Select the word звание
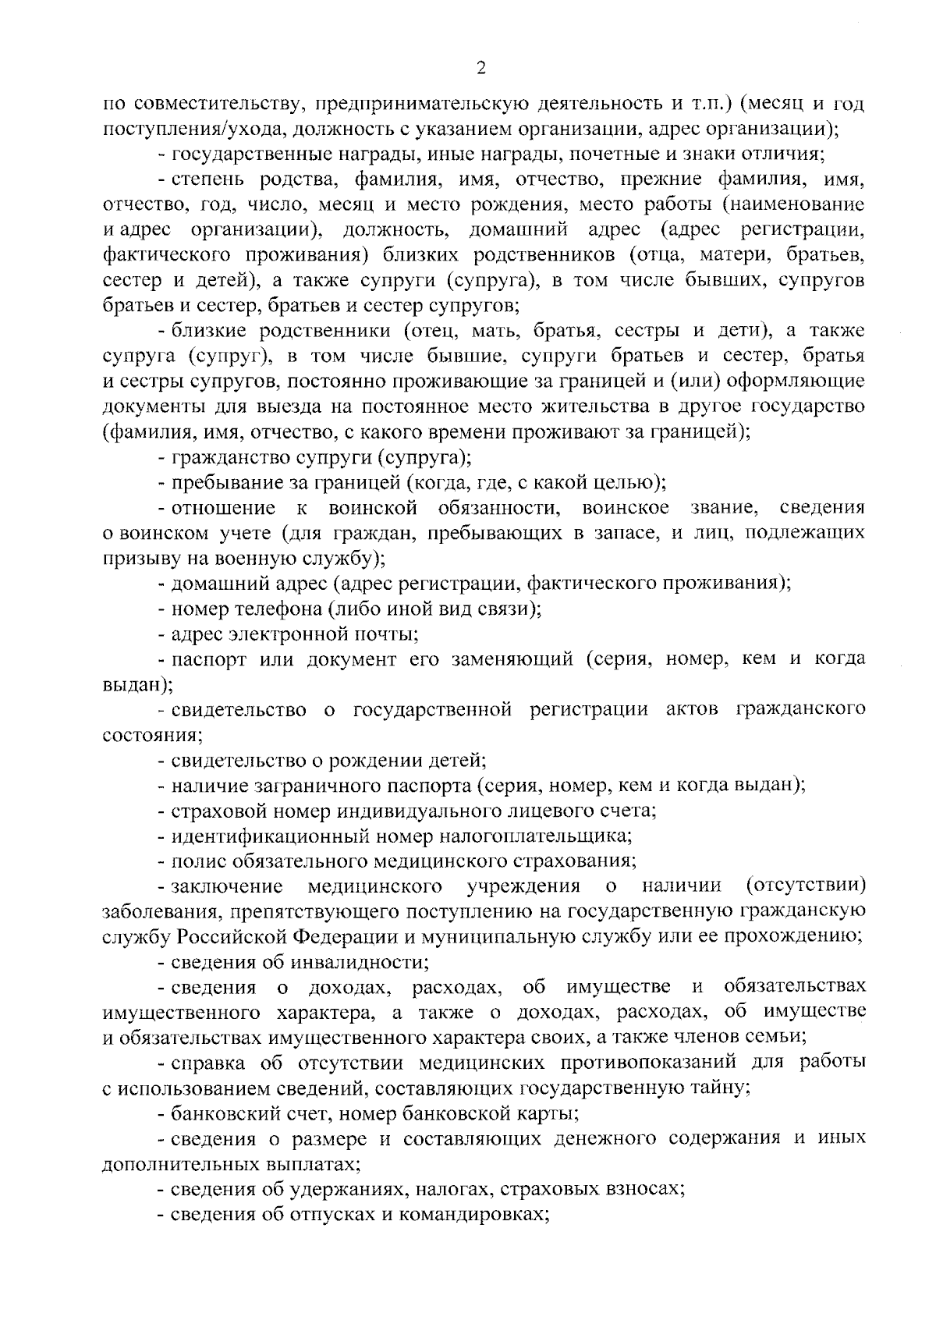[x=724, y=508]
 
